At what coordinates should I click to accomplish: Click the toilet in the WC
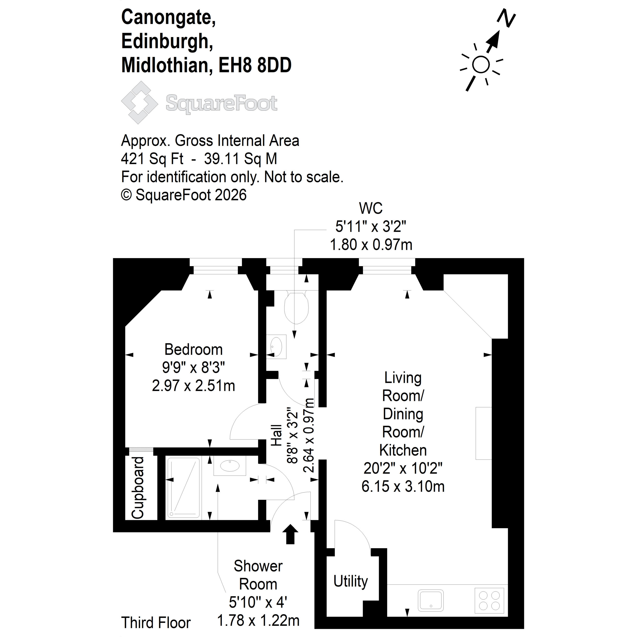[296, 307]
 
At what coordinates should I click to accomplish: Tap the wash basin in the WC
[276, 347]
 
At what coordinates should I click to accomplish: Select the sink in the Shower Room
[230, 466]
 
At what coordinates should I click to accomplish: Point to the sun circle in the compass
[481, 65]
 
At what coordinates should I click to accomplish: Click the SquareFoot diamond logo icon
[139, 103]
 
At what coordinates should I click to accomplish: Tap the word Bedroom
[194, 350]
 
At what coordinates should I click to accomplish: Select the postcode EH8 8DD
[255, 65]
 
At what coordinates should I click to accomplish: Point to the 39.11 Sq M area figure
[241, 159]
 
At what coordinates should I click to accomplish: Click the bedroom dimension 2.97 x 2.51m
[194, 386]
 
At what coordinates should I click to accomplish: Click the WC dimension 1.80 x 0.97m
[371, 245]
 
